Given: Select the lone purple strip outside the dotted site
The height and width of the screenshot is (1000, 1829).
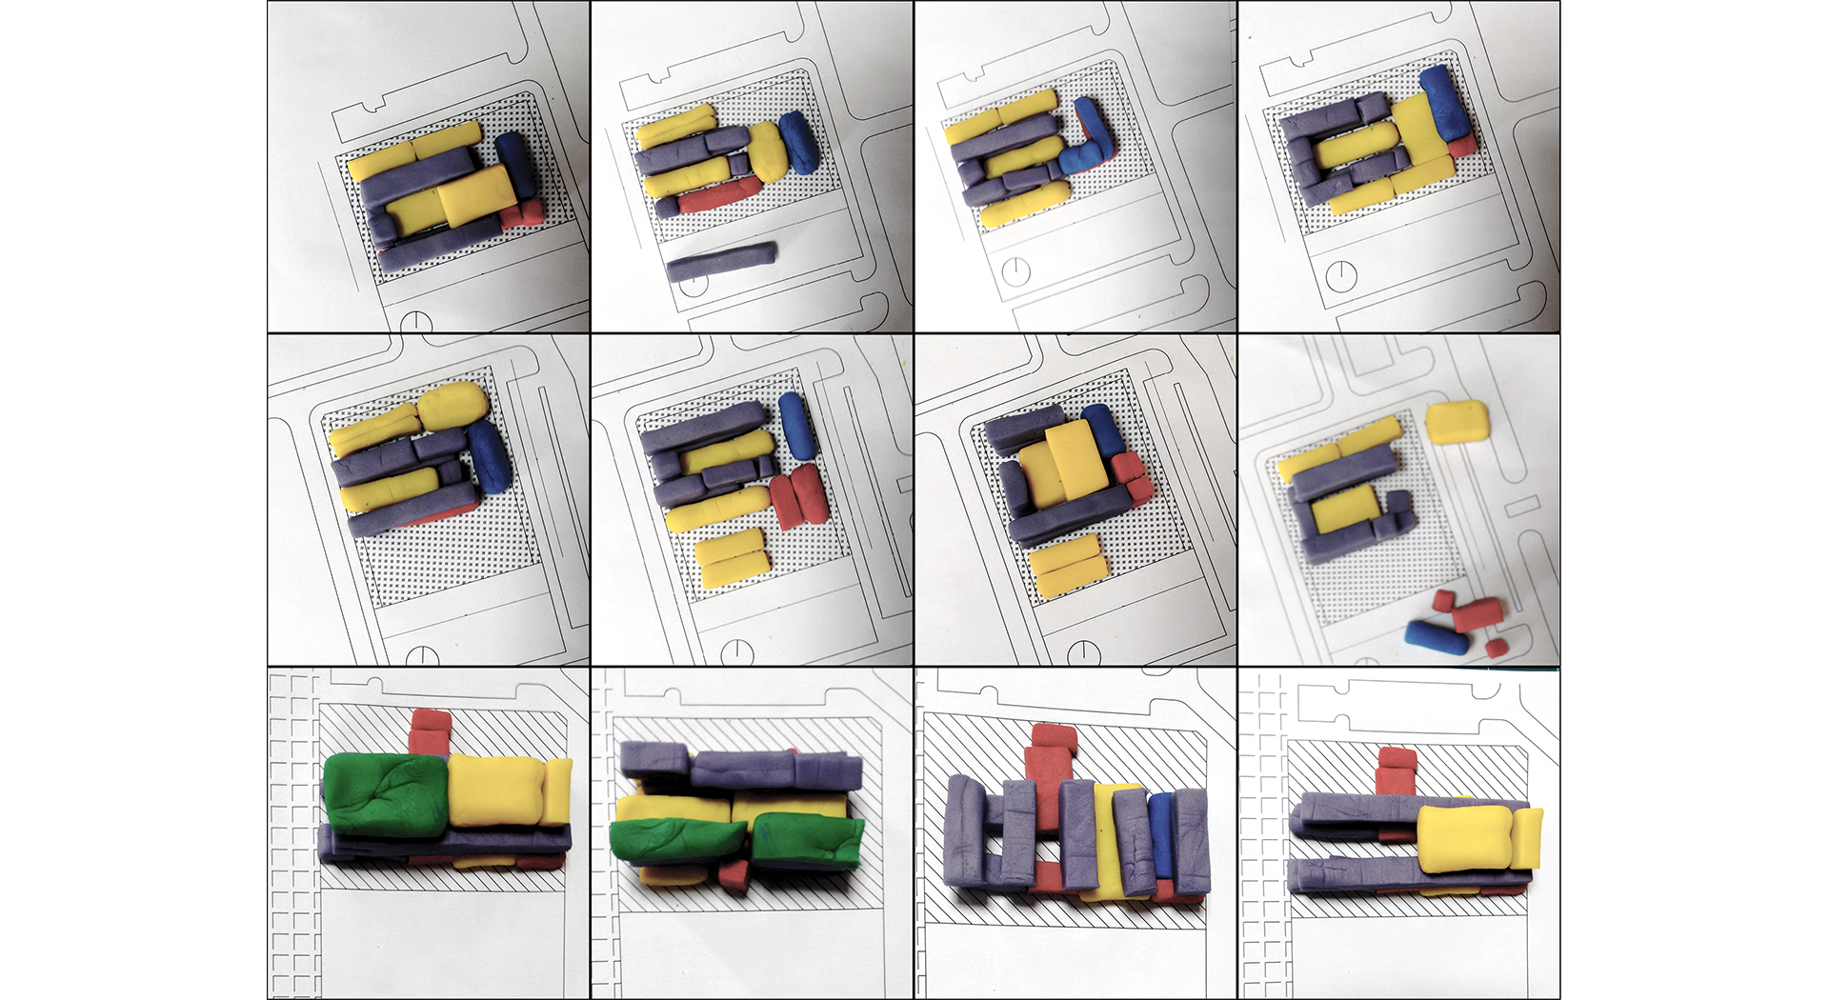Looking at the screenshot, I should (721, 262).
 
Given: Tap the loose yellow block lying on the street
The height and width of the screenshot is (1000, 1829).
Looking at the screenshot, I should (1457, 421).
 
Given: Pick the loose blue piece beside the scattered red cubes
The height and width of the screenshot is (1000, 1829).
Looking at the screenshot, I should (1437, 638).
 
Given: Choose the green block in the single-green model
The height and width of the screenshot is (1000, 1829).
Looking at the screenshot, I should (386, 793).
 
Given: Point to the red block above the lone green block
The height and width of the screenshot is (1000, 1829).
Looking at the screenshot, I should (429, 730).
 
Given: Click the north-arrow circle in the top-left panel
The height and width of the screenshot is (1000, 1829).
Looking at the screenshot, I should (416, 322).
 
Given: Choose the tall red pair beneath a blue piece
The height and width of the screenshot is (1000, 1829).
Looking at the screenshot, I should (798, 495).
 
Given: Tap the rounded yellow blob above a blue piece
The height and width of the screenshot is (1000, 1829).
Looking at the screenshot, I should (453, 404).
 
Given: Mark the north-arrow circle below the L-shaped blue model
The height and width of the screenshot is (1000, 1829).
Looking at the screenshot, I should (1016, 271).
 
